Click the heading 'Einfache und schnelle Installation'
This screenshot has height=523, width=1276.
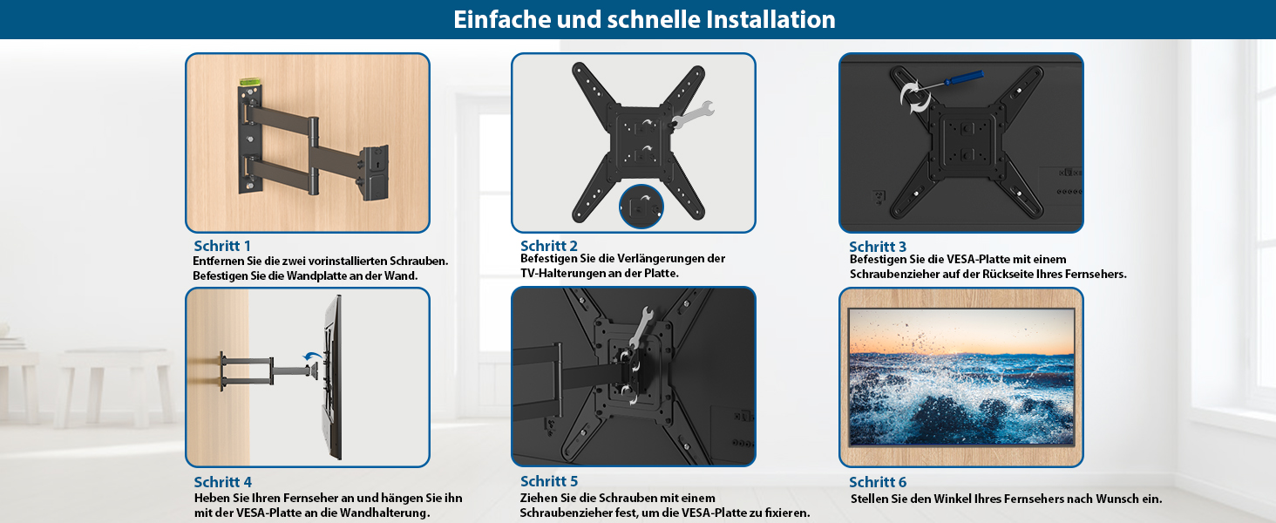pos(644,19)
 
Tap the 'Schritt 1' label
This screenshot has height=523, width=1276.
pos(222,246)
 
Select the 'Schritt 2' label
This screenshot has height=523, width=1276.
pos(548,246)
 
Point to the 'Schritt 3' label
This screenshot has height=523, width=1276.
pos(877,247)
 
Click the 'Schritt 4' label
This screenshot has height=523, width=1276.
pos(223,482)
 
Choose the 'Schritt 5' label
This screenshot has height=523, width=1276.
pos(549,481)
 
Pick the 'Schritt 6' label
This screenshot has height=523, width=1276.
pos(877,482)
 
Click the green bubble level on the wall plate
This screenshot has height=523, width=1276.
pos(250,82)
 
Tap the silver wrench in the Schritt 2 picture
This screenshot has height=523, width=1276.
pos(692,113)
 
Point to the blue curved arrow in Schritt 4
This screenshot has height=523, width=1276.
pos(312,356)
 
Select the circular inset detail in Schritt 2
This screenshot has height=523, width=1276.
pos(641,207)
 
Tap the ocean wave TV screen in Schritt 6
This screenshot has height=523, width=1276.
pos(961,377)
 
